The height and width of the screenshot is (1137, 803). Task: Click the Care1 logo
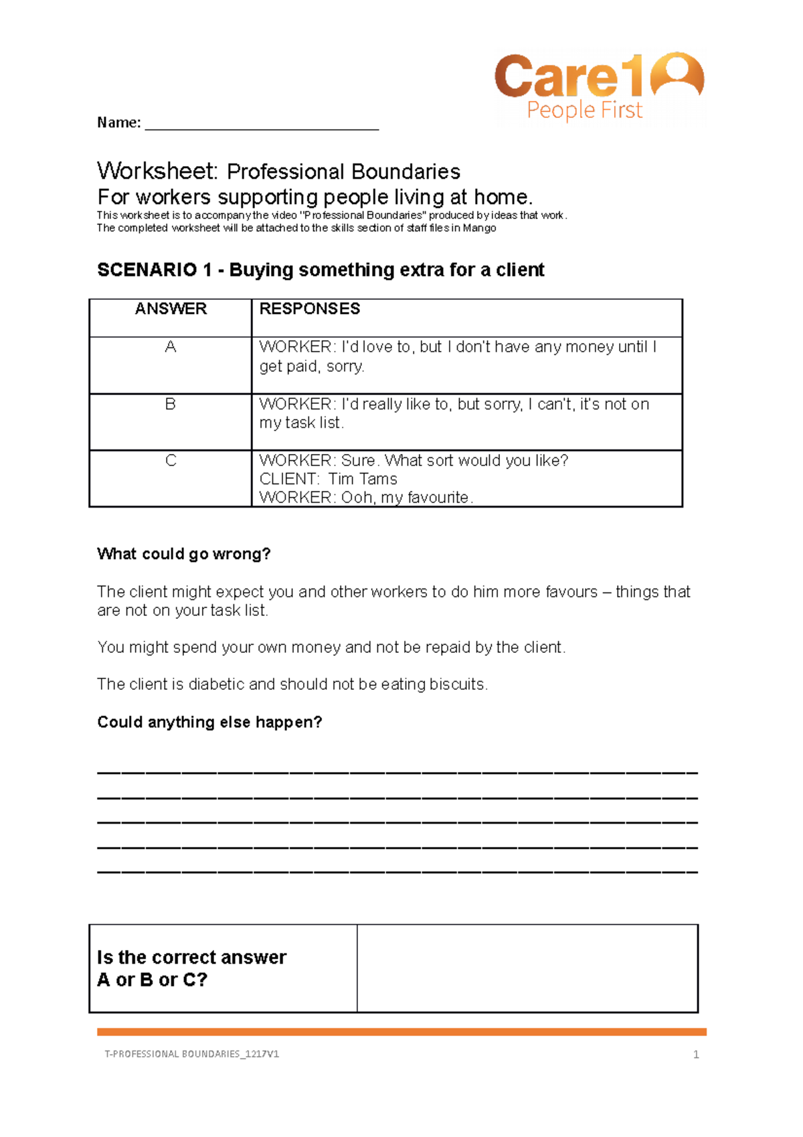tap(598, 87)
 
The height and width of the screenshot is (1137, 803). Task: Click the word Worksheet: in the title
tap(157, 171)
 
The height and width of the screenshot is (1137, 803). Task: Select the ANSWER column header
tap(171, 309)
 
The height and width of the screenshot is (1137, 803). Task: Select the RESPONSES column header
tap(309, 309)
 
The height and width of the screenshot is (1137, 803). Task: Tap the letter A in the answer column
tap(171, 347)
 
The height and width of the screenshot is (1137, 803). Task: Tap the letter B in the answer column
tap(171, 404)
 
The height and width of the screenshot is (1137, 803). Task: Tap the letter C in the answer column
tap(171, 461)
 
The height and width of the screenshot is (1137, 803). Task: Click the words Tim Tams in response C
tap(363, 479)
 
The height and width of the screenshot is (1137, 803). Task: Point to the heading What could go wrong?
tap(183, 554)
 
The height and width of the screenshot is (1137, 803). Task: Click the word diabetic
tap(216, 684)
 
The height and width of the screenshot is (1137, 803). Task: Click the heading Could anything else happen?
tap(209, 723)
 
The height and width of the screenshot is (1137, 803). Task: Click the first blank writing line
tap(397, 773)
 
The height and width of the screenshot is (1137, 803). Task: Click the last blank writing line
tap(397, 872)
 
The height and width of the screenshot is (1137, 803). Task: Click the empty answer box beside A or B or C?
tap(527, 968)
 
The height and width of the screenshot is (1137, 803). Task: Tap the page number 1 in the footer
tap(696, 1055)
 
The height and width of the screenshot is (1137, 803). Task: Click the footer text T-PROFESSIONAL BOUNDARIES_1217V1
tap(191, 1054)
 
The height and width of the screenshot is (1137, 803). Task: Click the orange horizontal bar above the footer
tap(401, 1032)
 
